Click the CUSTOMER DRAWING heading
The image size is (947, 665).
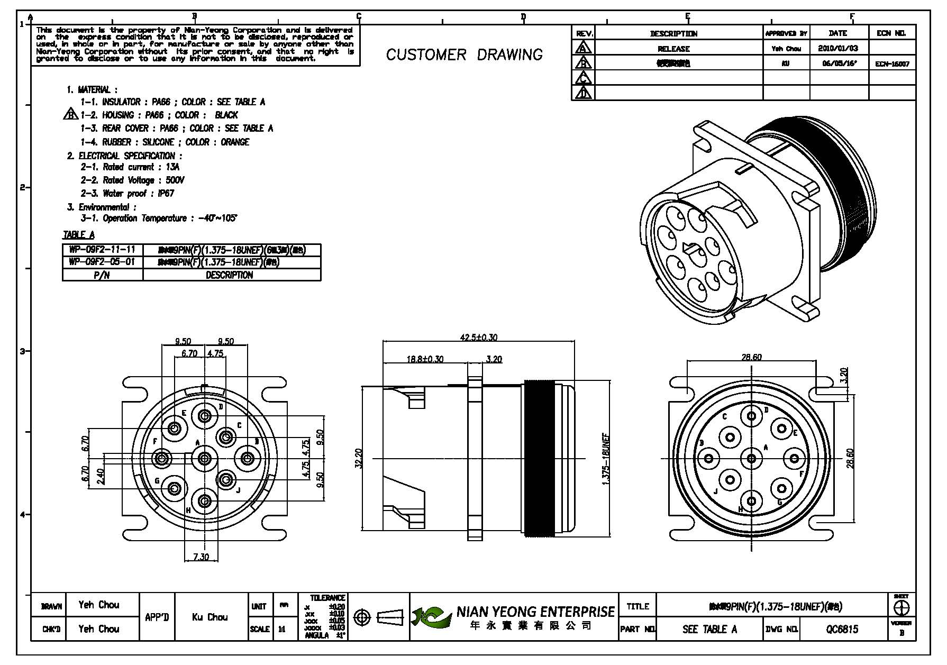click(x=464, y=54)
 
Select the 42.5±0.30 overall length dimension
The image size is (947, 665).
click(x=479, y=337)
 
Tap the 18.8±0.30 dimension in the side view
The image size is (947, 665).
click(x=425, y=359)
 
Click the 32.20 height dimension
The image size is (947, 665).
click(x=358, y=458)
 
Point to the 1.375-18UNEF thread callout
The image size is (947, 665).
click(x=606, y=458)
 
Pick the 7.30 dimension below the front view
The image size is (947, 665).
click(x=201, y=557)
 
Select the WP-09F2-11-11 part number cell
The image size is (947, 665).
click(x=102, y=249)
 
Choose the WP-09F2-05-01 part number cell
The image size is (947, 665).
click(x=102, y=262)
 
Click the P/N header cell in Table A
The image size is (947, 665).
click(x=102, y=275)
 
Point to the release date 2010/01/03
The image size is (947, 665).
click(x=838, y=48)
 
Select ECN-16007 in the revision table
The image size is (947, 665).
click(x=892, y=64)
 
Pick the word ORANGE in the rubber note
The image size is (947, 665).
click(x=235, y=142)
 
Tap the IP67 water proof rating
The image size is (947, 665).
click(x=166, y=194)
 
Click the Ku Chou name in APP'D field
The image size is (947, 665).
click(x=210, y=617)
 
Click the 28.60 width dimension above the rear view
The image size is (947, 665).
click(x=751, y=357)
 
